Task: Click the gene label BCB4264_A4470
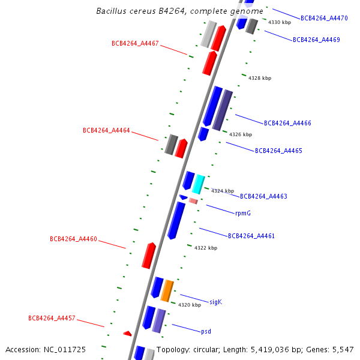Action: tap(324, 19)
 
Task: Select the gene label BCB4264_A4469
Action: tap(316, 40)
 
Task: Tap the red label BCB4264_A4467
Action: tap(135, 43)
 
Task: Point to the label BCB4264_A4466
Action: tap(287, 124)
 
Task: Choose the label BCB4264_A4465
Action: tap(278, 151)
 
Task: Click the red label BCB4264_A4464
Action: tap(106, 131)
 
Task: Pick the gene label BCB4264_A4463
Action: tap(263, 197)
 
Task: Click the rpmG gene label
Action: tap(243, 213)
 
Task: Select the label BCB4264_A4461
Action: tap(251, 236)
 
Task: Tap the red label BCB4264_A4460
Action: tap(73, 239)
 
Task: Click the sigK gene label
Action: tap(215, 302)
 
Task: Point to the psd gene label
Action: tap(206, 331)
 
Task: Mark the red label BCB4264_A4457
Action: tap(52, 319)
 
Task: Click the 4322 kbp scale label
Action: tap(206, 248)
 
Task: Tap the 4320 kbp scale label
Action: tap(190, 305)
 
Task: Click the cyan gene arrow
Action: tap(198, 184)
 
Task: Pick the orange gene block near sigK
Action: tap(167, 290)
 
